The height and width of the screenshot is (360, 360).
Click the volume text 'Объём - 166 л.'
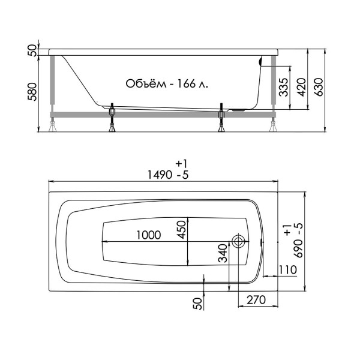click(167, 83)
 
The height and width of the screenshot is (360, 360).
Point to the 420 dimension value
click(301, 88)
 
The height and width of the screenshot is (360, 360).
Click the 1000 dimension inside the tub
click(148, 235)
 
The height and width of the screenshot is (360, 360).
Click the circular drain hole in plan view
click(238, 242)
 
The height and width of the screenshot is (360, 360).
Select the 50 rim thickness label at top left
click(34, 50)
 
